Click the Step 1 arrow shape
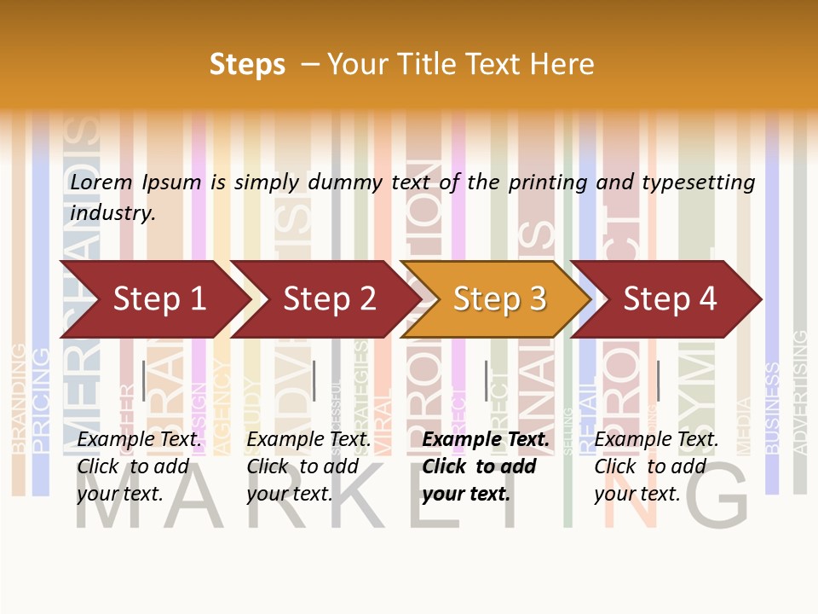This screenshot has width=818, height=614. tap(153, 299)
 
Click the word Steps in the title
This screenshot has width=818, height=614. tap(247, 65)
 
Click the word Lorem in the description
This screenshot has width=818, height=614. tap(101, 182)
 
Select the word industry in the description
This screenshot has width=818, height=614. tap(112, 213)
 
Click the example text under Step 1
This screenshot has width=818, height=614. tap(139, 466)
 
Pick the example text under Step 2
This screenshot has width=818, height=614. tap(308, 466)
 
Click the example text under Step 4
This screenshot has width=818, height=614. tap(656, 466)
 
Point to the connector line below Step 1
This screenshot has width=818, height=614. tap(144, 380)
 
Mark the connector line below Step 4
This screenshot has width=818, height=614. tap(658, 380)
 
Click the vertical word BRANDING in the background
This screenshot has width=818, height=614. tap(18, 397)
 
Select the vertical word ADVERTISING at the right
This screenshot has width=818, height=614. tap(799, 392)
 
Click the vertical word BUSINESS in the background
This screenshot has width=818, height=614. tap(772, 408)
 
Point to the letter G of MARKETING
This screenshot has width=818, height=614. tap(716, 499)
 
